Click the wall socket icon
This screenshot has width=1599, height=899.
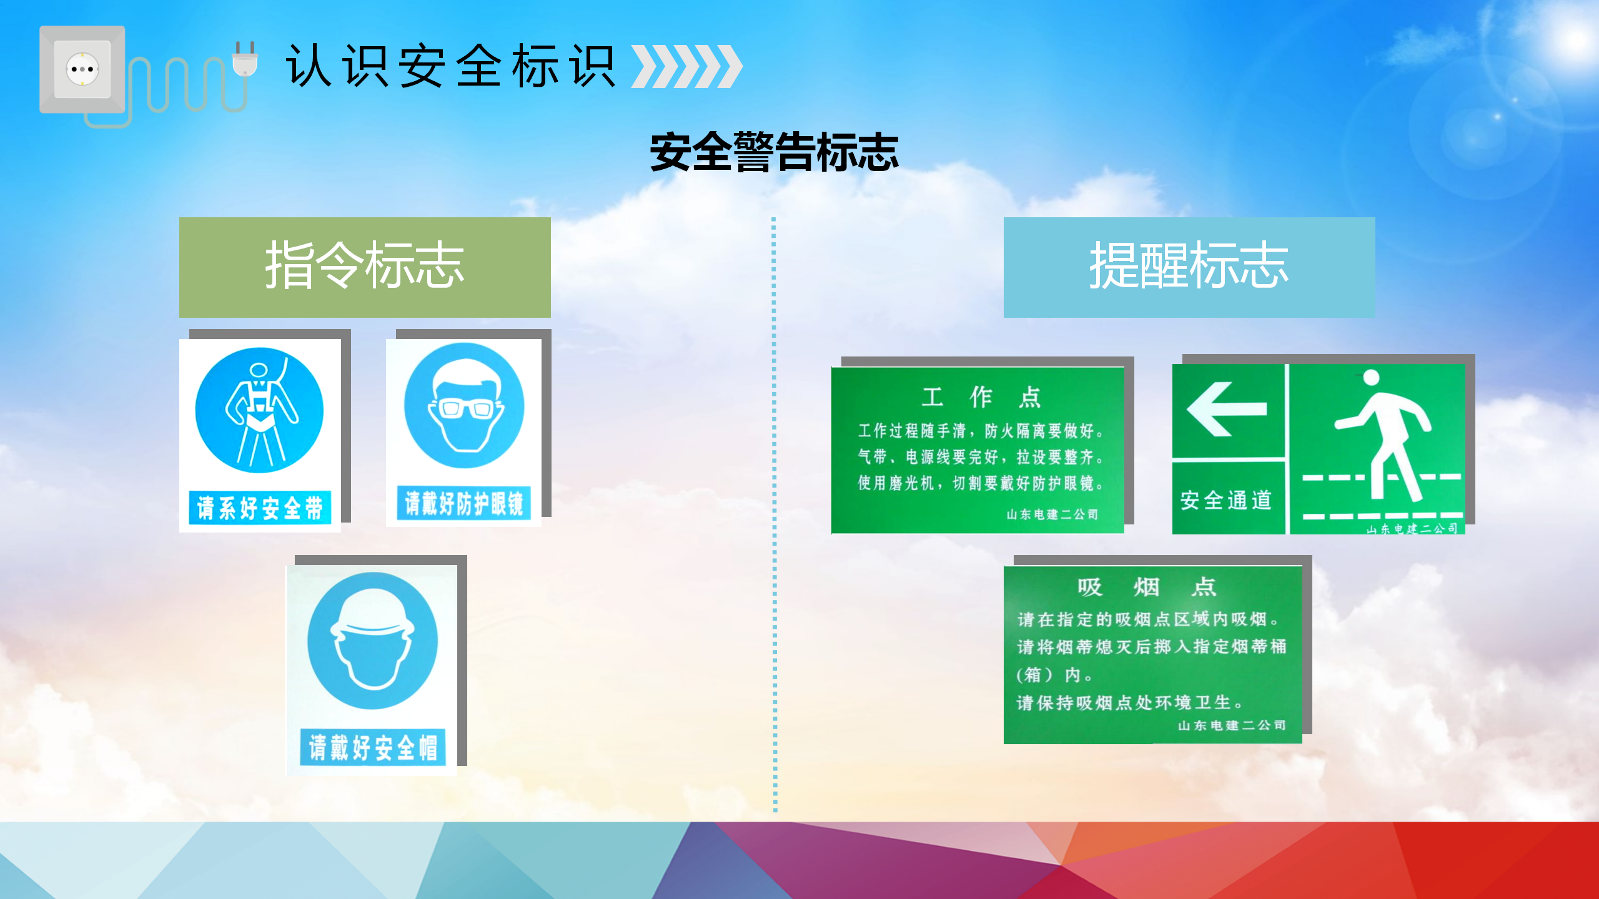(82, 69)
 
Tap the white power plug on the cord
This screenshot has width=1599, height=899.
(245, 59)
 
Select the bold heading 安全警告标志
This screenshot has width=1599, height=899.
(775, 152)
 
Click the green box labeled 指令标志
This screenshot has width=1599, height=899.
(365, 267)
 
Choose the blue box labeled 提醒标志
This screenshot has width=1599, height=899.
(1189, 267)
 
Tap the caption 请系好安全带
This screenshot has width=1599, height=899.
(260, 508)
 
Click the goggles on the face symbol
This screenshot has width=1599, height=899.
(465, 408)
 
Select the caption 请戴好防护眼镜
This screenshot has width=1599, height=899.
(464, 503)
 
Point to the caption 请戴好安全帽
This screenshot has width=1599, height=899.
(373, 747)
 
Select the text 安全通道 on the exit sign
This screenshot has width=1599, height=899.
(1226, 500)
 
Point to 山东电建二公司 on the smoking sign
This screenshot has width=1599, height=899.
(1232, 725)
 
